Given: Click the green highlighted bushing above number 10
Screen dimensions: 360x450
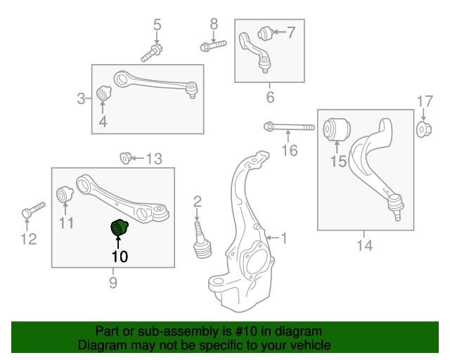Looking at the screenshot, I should click(x=120, y=229).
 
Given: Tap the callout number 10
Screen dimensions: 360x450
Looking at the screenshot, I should click(x=120, y=257).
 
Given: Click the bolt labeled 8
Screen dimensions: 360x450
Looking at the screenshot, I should click(x=213, y=46).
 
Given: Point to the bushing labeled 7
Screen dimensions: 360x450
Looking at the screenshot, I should click(x=265, y=32).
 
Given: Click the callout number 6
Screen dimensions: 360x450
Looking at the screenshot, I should click(x=270, y=96).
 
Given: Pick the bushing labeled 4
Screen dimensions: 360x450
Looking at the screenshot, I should click(x=103, y=93).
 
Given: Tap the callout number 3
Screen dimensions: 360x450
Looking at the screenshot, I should click(x=82, y=98).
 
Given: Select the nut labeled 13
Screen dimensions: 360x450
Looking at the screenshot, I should click(x=125, y=157).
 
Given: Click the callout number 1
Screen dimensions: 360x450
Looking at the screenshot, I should click(x=284, y=238).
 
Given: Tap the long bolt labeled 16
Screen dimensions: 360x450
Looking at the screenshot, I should click(x=290, y=128).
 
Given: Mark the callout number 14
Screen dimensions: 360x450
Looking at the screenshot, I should click(x=364, y=245).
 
